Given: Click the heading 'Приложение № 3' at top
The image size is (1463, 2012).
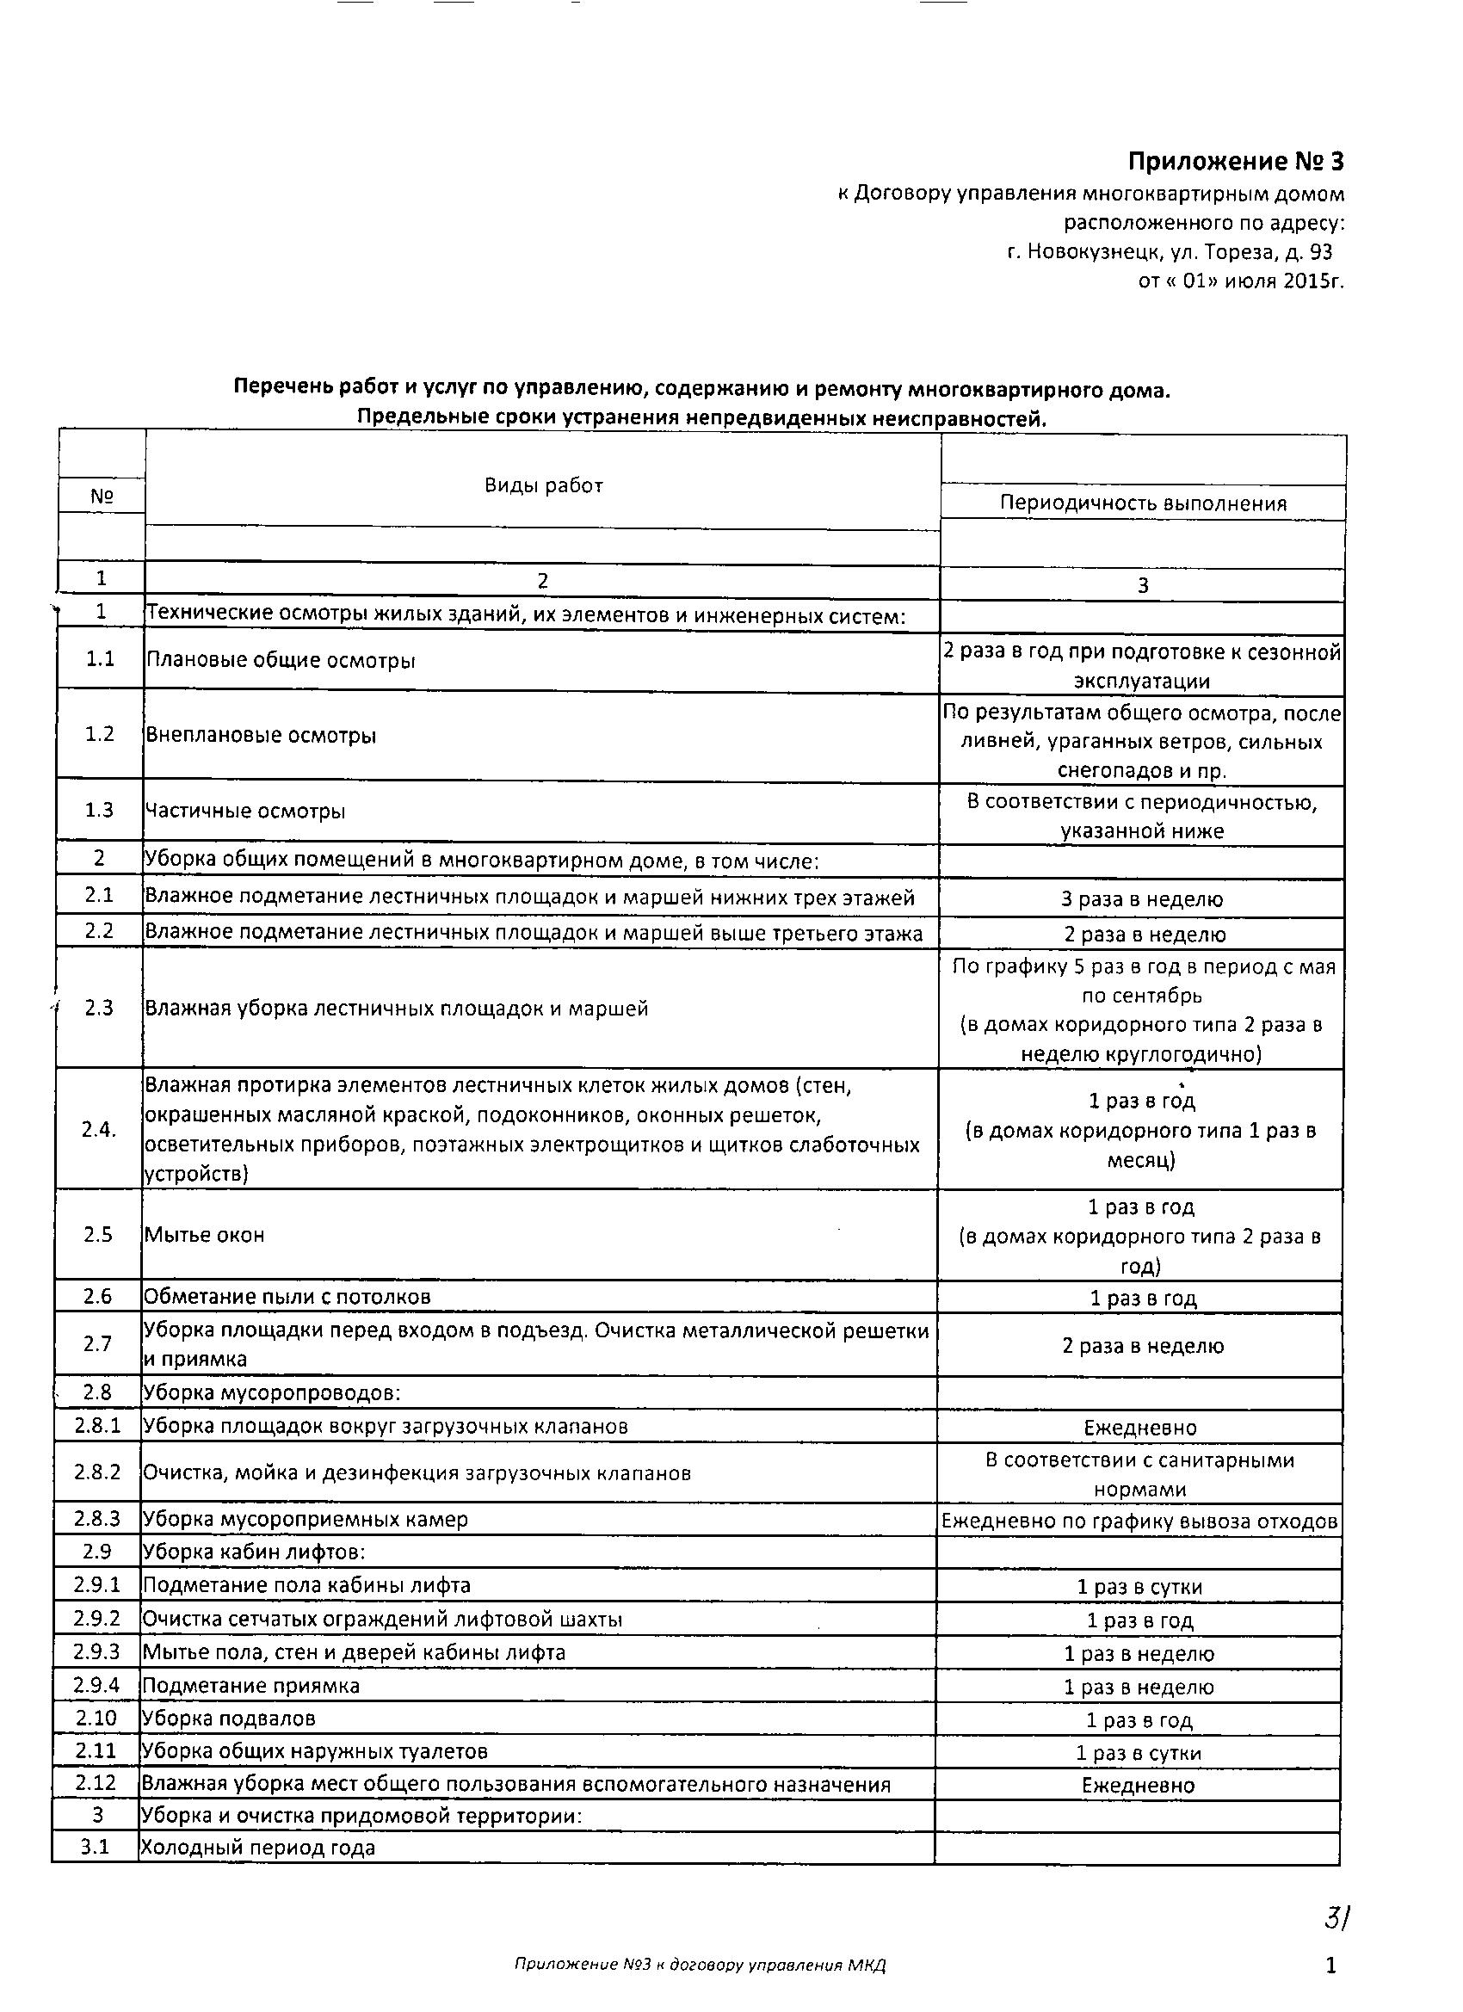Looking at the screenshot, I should pos(1235,162).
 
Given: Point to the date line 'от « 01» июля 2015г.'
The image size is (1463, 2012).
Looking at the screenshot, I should pos(1240,281).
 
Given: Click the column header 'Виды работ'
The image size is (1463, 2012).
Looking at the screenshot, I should pos(543,485).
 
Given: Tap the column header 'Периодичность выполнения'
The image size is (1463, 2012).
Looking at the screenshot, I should pos(1143,503).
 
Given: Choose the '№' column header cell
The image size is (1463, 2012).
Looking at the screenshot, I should pos(102,496).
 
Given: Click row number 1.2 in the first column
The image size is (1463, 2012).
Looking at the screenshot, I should pos(99,735).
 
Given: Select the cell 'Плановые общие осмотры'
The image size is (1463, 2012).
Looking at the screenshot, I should pos(281,660).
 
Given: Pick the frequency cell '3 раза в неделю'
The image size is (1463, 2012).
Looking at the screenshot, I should pos(1142,898).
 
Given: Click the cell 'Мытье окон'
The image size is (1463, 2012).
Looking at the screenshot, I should pos(204,1234).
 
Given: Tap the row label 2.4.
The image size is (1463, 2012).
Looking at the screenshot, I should pos(98,1129).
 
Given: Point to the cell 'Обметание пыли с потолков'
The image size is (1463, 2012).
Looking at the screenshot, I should pos(287,1296).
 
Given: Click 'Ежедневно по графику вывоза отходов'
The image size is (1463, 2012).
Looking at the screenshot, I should pos(1139,1521).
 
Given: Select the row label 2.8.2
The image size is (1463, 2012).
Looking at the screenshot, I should pos(97,1472).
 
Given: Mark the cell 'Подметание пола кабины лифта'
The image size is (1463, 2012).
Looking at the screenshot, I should pos(307,1585).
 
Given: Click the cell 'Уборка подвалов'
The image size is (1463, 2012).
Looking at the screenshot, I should pos(229,1719).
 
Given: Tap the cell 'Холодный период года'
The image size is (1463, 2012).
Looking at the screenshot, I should pos(258,1848).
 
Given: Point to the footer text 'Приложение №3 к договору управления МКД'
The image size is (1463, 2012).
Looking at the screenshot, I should pos(700,1965).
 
